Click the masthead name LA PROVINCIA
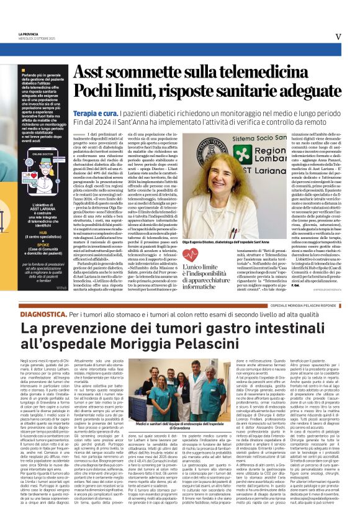30,34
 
